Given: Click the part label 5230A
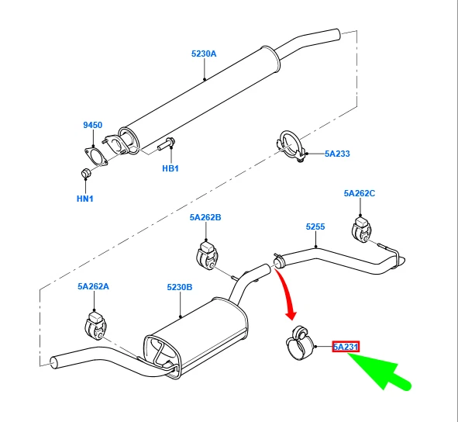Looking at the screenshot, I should [204, 54].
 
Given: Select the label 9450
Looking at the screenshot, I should [92, 125].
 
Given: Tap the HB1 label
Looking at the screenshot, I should [170, 168].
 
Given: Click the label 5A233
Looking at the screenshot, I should [337, 154].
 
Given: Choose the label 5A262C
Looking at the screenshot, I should [360, 193].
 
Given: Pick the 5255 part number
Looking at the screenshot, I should [315, 227].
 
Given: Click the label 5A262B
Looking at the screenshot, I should [205, 218].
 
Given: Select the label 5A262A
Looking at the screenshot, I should [93, 286].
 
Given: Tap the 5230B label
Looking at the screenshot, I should [179, 287].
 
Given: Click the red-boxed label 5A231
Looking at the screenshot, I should [345, 347].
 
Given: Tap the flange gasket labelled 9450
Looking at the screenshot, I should [95, 153].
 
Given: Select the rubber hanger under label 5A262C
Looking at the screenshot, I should [361, 230].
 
